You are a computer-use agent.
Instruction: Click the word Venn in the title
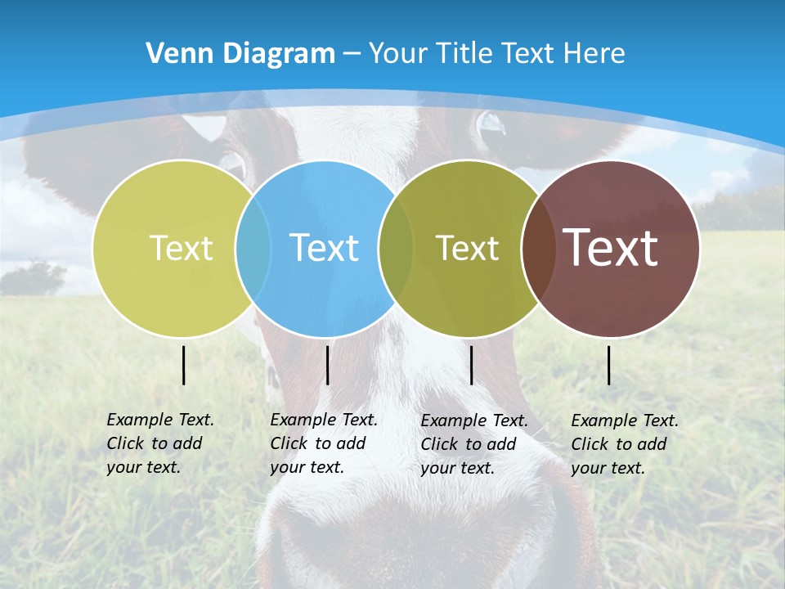[x=173, y=54]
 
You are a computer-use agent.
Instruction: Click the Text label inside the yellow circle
[x=181, y=248]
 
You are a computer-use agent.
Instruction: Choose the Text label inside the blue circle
[x=324, y=248]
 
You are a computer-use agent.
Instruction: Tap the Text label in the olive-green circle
[x=467, y=248]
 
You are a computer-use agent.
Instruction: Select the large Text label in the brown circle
[x=610, y=248]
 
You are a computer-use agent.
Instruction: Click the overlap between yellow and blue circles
[x=253, y=248]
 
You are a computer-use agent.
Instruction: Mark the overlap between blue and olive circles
[x=396, y=248]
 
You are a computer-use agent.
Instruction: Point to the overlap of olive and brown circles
[x=536, y=248]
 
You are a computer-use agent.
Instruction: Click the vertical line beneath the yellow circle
[x=184, y=365]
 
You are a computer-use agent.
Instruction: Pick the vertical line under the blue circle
[x=327, y=365]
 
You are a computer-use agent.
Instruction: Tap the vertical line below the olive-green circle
[x=472, y=365]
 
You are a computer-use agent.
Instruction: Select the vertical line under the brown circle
[x=609, y=365]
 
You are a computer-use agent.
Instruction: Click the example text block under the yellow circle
[x=159, y=443]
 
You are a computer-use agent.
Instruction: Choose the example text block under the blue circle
[x=323, y=443]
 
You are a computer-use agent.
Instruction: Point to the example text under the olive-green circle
[x=473, y=444]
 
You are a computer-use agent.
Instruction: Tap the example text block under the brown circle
[x=624, y=444]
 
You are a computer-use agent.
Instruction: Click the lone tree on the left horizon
[x=33, y=277]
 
